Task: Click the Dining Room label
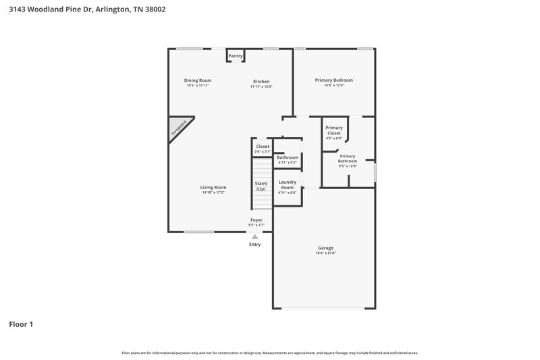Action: tap(198, 80)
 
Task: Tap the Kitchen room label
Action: tap(261, 80)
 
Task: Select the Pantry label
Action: tap(236, 56)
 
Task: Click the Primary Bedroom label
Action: tap(333, 80)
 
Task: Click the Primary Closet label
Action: tap(334, 130)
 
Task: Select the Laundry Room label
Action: tap(287, 184)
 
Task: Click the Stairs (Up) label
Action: tap(261, 186)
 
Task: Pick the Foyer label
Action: tap(256, 220)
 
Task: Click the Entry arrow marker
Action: tap(254, 236)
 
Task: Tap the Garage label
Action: tap(325, 248)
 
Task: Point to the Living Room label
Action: tap(213, 187)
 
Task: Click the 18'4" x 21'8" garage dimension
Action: tap(325, 253)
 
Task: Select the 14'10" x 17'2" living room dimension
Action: tap(213, 192)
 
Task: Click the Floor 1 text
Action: tap(21, 324)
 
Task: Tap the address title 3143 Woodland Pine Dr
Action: tap(87, 9)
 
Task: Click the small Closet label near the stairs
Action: tap(263, 147)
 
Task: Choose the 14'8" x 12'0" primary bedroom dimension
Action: tap(333, 86)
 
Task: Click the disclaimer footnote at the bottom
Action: tap(269, 353)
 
